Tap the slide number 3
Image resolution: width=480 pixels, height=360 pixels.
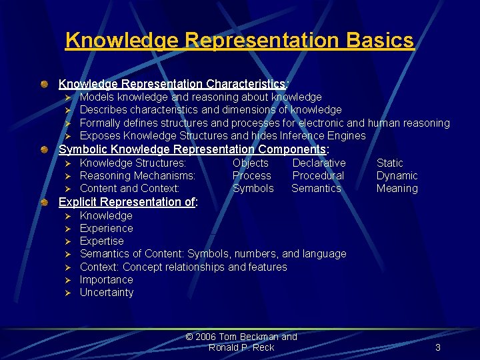click(x=438, y=347)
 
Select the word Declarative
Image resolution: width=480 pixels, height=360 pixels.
click(x=319, y=163)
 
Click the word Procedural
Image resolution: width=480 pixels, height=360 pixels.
click(x=318, y=176)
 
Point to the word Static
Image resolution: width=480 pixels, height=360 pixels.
click(x=390, y=163)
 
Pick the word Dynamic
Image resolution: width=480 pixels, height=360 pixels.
click(x=397, y=176)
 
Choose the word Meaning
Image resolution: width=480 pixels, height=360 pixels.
click(x=397, y=189)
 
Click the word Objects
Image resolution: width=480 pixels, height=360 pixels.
click(x=251, y=163)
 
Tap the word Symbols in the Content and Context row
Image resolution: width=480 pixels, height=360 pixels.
click(x=253, y=189)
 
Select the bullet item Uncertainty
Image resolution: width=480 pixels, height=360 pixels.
click(x=107, y=293)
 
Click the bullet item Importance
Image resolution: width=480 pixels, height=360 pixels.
click(x=106, y=280)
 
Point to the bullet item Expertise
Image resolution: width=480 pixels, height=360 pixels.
click(x=101, y=241)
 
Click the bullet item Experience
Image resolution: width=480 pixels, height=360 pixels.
click(x=106, y=229)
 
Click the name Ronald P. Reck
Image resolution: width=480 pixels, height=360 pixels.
click(x=241, y=347)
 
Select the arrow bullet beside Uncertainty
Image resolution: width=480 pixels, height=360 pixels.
click(x=67, y=293)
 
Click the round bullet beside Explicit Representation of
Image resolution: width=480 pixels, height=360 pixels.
click(x=43, y=202)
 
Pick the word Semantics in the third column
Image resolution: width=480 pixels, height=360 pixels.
click(x=316, y=189)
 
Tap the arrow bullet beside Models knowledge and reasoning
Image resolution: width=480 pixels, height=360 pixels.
click(x=67, y=98)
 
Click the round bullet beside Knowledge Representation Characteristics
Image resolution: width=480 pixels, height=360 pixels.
click(x=43, y=85)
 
